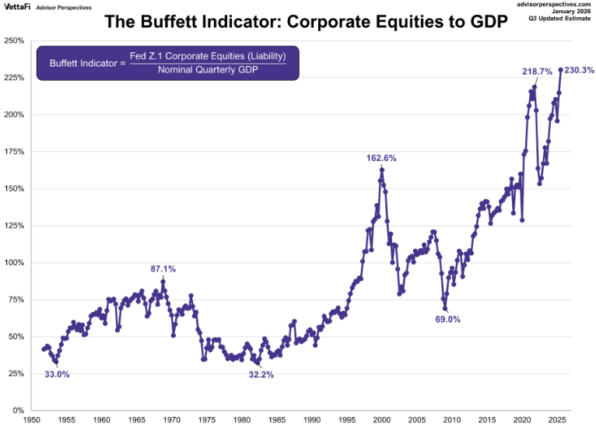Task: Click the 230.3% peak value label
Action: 579,70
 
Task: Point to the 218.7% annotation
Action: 537,72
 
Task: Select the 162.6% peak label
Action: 381,158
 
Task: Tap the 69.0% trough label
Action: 447,319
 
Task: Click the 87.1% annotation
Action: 163,269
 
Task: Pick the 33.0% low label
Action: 57,374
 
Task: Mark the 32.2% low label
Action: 261,374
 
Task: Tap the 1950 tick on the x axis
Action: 32,420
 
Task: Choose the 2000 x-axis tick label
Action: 381,420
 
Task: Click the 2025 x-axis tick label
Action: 556,420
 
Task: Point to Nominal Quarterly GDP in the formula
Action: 208,70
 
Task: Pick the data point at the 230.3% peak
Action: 560,70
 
